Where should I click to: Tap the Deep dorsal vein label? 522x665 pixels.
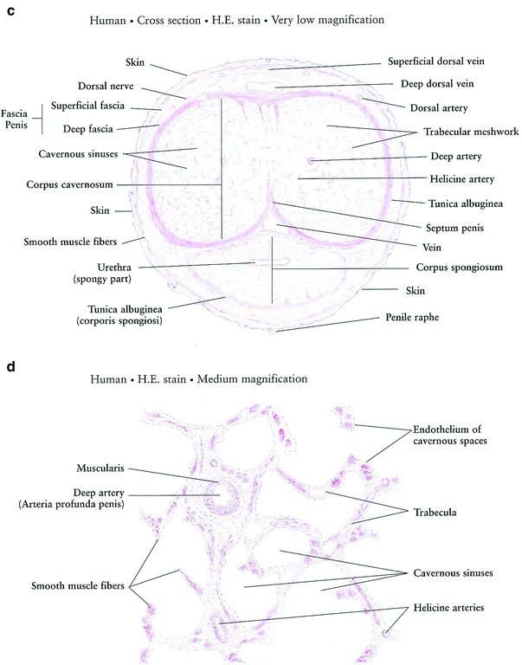tap(435, 85)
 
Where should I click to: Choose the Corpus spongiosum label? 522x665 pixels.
tap(447, 268)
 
